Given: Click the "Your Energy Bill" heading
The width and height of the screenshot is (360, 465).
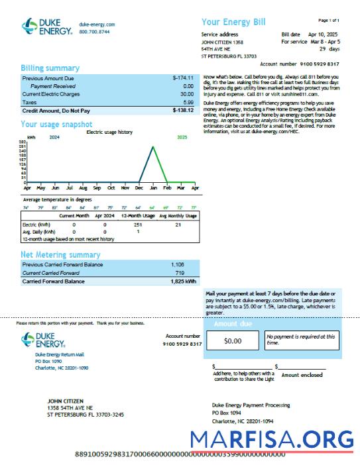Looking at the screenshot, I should click(x=233, y=22).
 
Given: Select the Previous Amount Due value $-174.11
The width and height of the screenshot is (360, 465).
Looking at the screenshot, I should click(x=182, y=77).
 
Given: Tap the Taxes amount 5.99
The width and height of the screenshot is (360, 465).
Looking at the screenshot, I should click(x=188, y=103).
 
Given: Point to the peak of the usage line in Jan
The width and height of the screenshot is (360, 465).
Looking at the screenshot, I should click(x=154, y=146).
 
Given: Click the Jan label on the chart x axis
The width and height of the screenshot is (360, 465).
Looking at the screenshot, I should click(x=152, y=187).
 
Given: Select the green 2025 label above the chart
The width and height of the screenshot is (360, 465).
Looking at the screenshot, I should click(x=182, y=137).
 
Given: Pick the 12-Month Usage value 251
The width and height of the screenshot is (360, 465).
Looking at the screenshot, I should click(x=138, y=225).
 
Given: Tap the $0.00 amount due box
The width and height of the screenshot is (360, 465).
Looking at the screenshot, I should click(x=233, y=341).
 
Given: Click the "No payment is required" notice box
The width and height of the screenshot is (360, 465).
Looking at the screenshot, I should click(x=300, y=340).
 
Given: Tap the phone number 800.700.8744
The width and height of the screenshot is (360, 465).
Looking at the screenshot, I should click(x=94, y=32).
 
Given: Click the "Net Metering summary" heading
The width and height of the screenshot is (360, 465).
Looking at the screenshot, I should click(x=60, y=254).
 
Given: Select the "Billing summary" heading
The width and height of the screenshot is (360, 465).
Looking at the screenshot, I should click(x=50, y=68).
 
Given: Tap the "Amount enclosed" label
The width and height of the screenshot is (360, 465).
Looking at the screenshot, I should click(x=302, y=375).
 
